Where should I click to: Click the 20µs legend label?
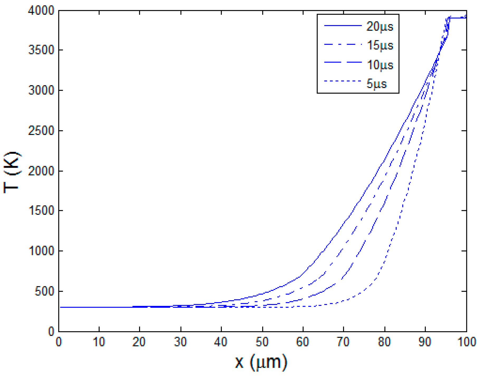[380, 27]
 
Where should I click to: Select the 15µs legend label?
[380, 45]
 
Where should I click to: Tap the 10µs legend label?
[380, 65]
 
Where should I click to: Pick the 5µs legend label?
[376, 84]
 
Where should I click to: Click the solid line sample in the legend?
[343, 26]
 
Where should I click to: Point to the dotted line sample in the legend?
[343, 81]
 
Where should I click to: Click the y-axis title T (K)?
[12, 173]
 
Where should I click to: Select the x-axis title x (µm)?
[261, 362]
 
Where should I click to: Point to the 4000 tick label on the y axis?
[41, 11]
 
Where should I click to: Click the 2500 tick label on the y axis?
[41, 131]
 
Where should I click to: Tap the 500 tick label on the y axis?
[44, 292]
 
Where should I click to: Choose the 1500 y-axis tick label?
[41, 211]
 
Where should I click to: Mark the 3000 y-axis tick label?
[41, 90]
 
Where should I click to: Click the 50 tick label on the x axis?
[262, 342]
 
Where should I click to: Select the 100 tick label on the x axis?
[466, 342]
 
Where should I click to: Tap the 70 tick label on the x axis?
[343, 342]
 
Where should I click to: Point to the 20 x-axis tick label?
[139, 342]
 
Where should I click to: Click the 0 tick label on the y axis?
[51, 332]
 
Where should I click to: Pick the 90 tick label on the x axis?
[425, 342]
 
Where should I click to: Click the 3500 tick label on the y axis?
[41, 50]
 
